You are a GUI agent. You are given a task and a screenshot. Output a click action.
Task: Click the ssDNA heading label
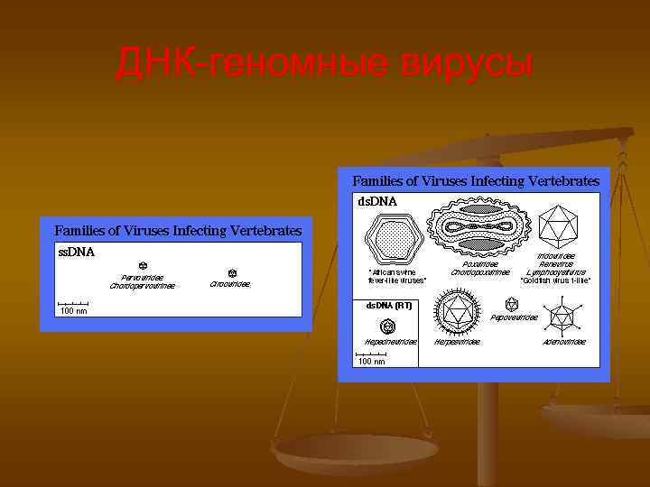77,252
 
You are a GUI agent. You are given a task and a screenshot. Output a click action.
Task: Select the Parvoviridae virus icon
143,266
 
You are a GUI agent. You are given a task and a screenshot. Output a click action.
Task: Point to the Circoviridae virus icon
231,271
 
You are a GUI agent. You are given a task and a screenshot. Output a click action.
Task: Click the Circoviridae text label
230,284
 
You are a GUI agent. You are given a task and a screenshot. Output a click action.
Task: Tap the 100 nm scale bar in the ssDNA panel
73,306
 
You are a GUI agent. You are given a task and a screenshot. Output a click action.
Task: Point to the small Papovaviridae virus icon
511,305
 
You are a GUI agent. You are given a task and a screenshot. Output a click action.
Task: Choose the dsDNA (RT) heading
389,306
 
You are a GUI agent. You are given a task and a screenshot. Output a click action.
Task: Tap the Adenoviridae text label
563,342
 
